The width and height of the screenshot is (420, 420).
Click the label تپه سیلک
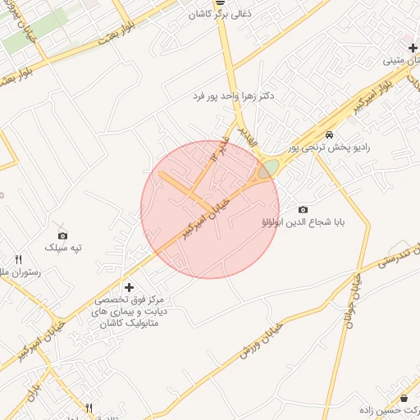click(64, 247)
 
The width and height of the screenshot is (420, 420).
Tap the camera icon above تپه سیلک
click(63, 235)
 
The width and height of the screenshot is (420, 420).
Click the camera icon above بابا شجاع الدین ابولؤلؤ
click(303, 210)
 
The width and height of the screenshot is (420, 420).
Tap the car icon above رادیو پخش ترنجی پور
click(329, 135)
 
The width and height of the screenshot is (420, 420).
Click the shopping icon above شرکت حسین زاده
click(404, 398)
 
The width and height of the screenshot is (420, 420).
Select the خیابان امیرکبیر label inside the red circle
click(201, 217)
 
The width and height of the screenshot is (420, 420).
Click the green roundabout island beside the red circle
click(268, 168)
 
